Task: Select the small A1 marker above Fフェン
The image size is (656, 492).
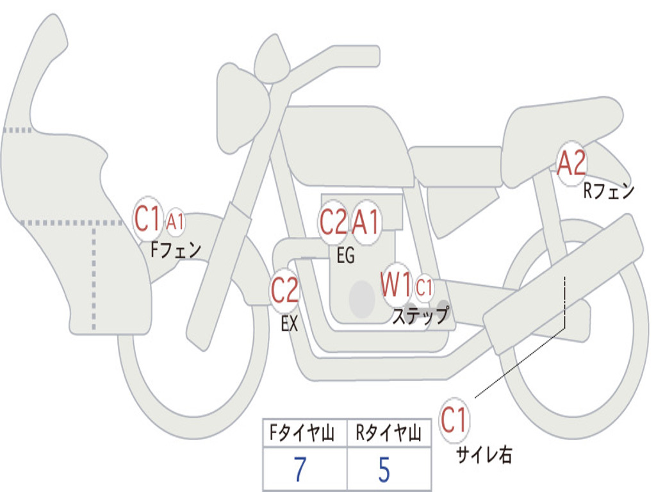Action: coord(176,222)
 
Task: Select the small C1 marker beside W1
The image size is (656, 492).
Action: coord(424,288)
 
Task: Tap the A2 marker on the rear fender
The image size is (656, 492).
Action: coord(571,164)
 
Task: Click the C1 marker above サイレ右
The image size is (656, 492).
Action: coord(454,421)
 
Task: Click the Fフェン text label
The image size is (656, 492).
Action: coord(176,249)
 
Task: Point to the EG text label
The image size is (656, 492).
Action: coord(345,256)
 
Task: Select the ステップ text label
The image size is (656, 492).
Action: coord(420,316)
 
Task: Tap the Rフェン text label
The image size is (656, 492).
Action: coord(608,190)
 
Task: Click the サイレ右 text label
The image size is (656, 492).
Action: coord(484,455)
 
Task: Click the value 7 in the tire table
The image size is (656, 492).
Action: coord(300,470)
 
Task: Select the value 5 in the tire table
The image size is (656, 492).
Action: coord(384,470)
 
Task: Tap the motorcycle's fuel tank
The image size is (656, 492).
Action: coord(346,144)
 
